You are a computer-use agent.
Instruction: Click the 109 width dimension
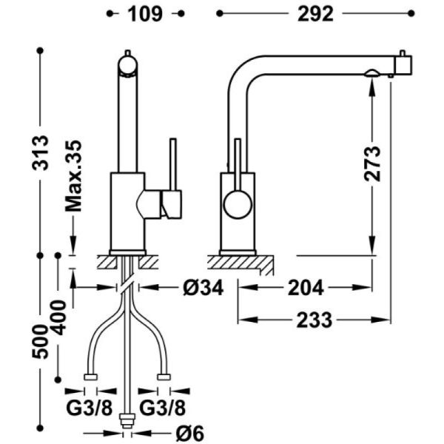tap(145, 14)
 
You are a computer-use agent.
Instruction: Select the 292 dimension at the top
tap(315, 14)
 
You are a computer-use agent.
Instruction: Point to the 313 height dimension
tap(40, 153)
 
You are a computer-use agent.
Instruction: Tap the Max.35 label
tap(73, 176)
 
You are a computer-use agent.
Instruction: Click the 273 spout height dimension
tap(372, 164)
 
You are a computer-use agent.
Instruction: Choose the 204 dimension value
tap(306, 288)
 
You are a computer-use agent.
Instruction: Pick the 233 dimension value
tap(314, 320)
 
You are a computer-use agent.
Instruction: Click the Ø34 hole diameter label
tap(203, 288)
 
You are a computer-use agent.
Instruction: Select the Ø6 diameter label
tap(190, 433)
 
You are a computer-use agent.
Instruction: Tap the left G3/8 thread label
tap(90, 408)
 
